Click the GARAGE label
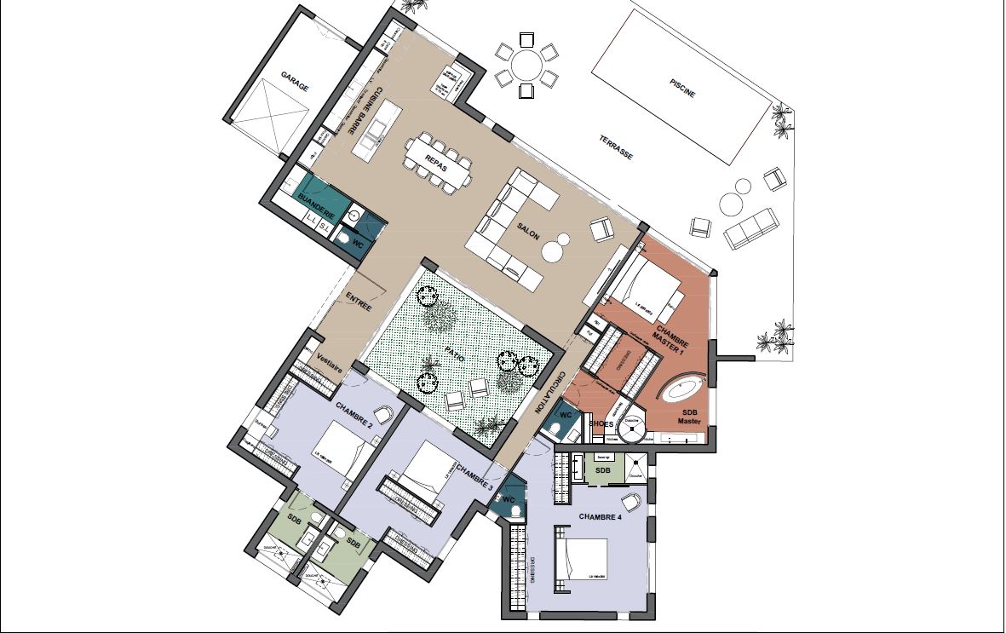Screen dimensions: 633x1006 [290, 87]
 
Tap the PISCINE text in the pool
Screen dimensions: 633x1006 [682, 88]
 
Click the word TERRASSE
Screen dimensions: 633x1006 [615, 149]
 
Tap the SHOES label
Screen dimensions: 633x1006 [601, 423]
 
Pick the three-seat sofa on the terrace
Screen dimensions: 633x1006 [750, 227]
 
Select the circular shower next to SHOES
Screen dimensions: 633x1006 [632, 431]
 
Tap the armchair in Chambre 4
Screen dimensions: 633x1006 [631, 502]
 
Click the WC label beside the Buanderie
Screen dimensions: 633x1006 [358, 244]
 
